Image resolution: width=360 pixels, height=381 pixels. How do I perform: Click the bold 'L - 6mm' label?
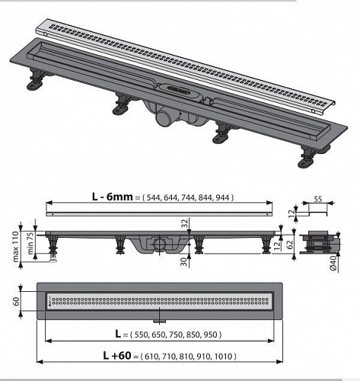click(x=113, y=197)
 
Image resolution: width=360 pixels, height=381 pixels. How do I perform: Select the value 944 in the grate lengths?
click(x=222, y=197)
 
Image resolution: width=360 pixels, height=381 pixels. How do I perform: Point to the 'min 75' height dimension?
click(x=31, y=244)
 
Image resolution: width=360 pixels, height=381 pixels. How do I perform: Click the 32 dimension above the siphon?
click(x=186, y=223)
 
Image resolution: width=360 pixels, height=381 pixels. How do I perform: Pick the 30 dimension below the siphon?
click(x=186, y=261)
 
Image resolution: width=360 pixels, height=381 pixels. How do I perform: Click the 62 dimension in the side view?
click(x=290, y=244)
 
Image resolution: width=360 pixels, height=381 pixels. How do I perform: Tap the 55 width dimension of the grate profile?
click(x=318, y=198)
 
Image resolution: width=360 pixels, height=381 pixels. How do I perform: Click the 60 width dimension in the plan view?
click(x=16, y=301)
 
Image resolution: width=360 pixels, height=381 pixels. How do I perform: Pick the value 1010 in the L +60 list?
click(x=224, y=357)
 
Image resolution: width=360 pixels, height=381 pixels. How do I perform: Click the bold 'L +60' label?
click(x=117, y=355)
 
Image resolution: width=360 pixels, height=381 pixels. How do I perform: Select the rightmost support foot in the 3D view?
click(x=307, y=158)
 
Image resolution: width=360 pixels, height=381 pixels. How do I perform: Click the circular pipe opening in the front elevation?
click(x=158, y=244)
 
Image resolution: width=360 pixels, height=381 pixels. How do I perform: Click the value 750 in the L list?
click(x=177, y=335)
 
